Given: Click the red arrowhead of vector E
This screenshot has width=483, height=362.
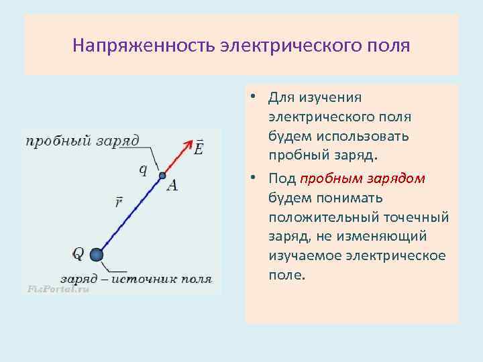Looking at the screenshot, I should click(186, 145).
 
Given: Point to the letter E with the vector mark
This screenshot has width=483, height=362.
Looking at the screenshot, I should click(198, 147).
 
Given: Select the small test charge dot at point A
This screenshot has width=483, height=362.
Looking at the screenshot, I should click(162, 176).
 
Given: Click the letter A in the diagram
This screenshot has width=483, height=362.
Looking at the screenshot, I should click(172, 185).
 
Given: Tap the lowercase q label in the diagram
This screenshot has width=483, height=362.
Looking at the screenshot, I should click(143, 169).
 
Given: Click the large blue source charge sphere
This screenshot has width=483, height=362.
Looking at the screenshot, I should click(97, 254).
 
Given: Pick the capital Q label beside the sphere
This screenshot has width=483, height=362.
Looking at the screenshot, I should click(78, 253).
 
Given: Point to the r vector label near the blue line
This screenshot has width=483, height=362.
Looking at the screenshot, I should click(118, 202).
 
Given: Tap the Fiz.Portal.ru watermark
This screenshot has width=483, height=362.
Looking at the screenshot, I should click(57, 289).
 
